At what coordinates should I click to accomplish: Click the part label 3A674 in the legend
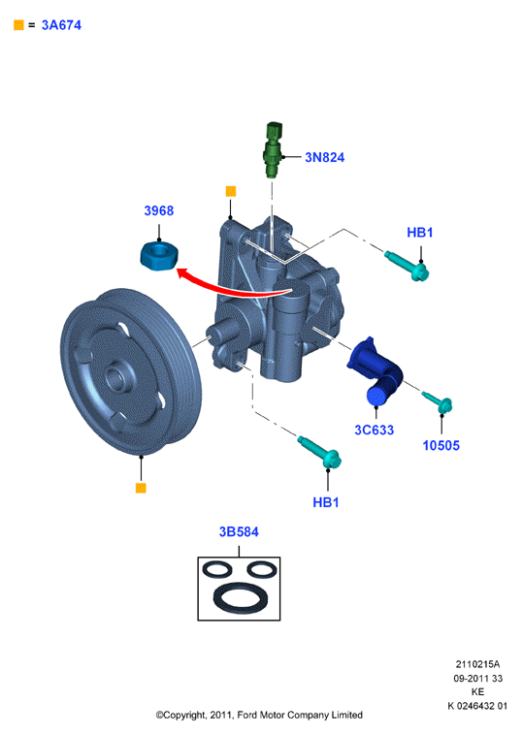pos(61,25)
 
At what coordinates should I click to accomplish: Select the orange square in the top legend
pos(18,25)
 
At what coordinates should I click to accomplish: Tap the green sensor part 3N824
pos(274,149)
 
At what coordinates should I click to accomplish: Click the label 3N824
pos(324,157)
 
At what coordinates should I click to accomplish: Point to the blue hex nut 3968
pos(159,256)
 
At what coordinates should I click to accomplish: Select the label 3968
pos(159,210)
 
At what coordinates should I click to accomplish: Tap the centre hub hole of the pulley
pos(115,377)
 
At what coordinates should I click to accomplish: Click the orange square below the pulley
pos(141,488)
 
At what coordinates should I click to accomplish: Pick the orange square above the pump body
pos(231,191)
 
